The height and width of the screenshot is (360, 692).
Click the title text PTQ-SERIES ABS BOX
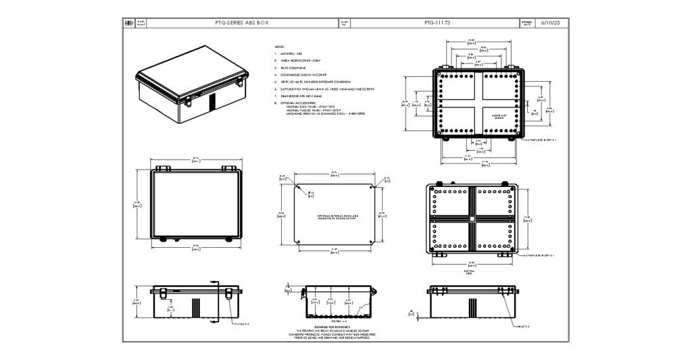click(241, 22)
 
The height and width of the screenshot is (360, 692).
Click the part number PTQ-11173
click(437, 22)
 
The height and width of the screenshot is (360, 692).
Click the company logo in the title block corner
click(128, 23)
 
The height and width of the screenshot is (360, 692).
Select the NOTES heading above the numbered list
click(279, 47)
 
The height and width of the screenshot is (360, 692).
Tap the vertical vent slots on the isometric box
click(211, 102)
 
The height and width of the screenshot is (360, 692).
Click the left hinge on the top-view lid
click(162, 168)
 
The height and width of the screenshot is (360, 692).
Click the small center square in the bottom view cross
click(472, 220)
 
